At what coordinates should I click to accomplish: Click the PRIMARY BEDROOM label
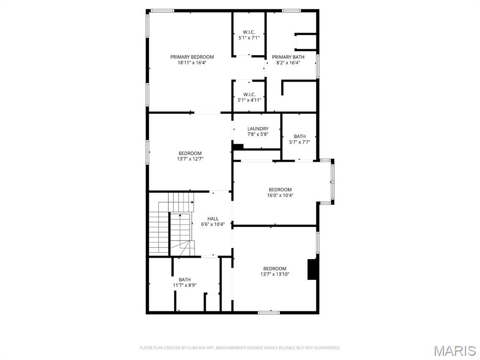pyautogui.click(x=192, y=57)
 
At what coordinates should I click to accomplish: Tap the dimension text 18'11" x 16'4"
pyautogui.click(x=192, y=63)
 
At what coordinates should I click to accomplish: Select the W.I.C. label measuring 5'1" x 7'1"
pyautogui.click(x=249, y=32)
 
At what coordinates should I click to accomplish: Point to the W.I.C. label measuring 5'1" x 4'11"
pyautogui.click(x=249, y=94)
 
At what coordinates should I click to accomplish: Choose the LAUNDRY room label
pyautogui.click(x=258, y=129)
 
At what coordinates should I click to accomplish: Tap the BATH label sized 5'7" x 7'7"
pyautogui.click(x=300, y=136)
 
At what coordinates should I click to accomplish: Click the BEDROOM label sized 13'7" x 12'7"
pyautogui.click(x=190, y=153)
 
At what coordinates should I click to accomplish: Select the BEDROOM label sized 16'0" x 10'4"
pyautogui.click(x=280, y=190)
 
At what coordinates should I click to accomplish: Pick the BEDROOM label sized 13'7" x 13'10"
pyautogui.click(x=275, y=269)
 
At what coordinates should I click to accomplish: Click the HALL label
pyautogui.click(x=213, y=219)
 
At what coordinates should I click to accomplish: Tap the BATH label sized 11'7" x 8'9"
pyautogui.click(x=185, y=280)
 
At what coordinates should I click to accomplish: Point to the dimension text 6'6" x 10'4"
pyautogui.click(x=213, y=225)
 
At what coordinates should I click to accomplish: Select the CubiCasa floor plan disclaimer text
pyautogui.click(x=240, y=348)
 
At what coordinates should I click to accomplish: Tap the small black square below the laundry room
pyautogui.click(x=238, y=147)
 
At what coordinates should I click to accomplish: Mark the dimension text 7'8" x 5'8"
pyautogui.click(x=258, y=135)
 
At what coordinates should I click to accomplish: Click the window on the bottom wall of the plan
pyautogui.click(x=269, y=312)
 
